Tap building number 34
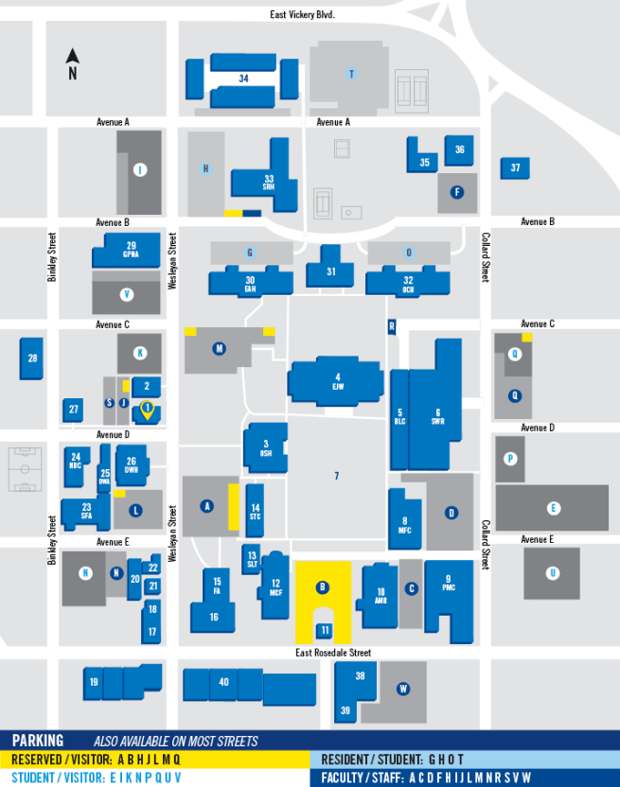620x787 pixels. (243, 79)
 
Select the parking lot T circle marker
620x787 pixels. (351, 74)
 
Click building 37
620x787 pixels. (515, 168)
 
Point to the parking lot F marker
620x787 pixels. (457, 192)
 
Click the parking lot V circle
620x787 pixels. (126, 294)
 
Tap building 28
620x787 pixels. (32, 359)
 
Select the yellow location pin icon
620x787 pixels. (147, 409)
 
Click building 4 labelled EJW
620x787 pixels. (337, 381)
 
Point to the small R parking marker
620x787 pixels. (391, 326)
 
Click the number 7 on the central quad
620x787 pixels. (336, 475)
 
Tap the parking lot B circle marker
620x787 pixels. (323, 587)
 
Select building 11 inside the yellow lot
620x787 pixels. (324, 630)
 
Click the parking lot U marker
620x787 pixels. (552, 573)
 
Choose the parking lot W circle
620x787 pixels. (402, 689)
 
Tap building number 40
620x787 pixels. (223, 682)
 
